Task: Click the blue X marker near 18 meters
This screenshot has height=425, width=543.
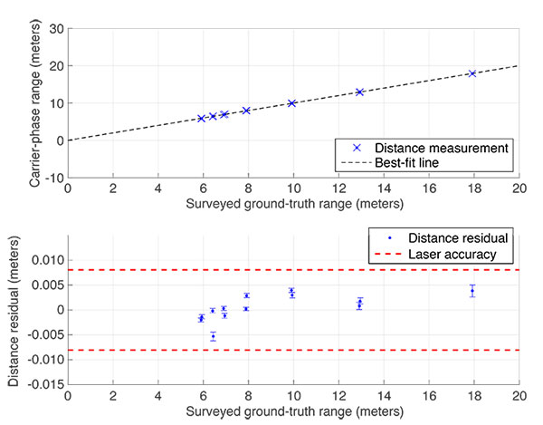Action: (x=472, y=73)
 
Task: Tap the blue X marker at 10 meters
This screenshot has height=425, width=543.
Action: (x=291, y=103)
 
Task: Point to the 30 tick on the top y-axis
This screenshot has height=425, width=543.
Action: (x=53, y=29)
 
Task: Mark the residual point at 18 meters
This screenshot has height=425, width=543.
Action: (x=472, y=291)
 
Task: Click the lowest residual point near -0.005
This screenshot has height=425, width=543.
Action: (x=213, y=336)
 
